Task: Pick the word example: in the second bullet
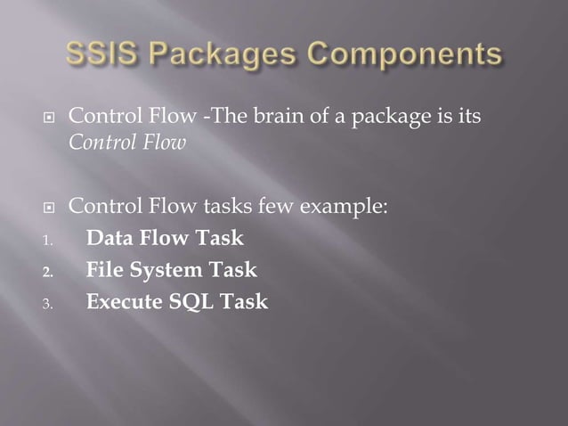(342, 209)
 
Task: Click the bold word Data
(108, 239)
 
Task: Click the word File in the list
(103, 270)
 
